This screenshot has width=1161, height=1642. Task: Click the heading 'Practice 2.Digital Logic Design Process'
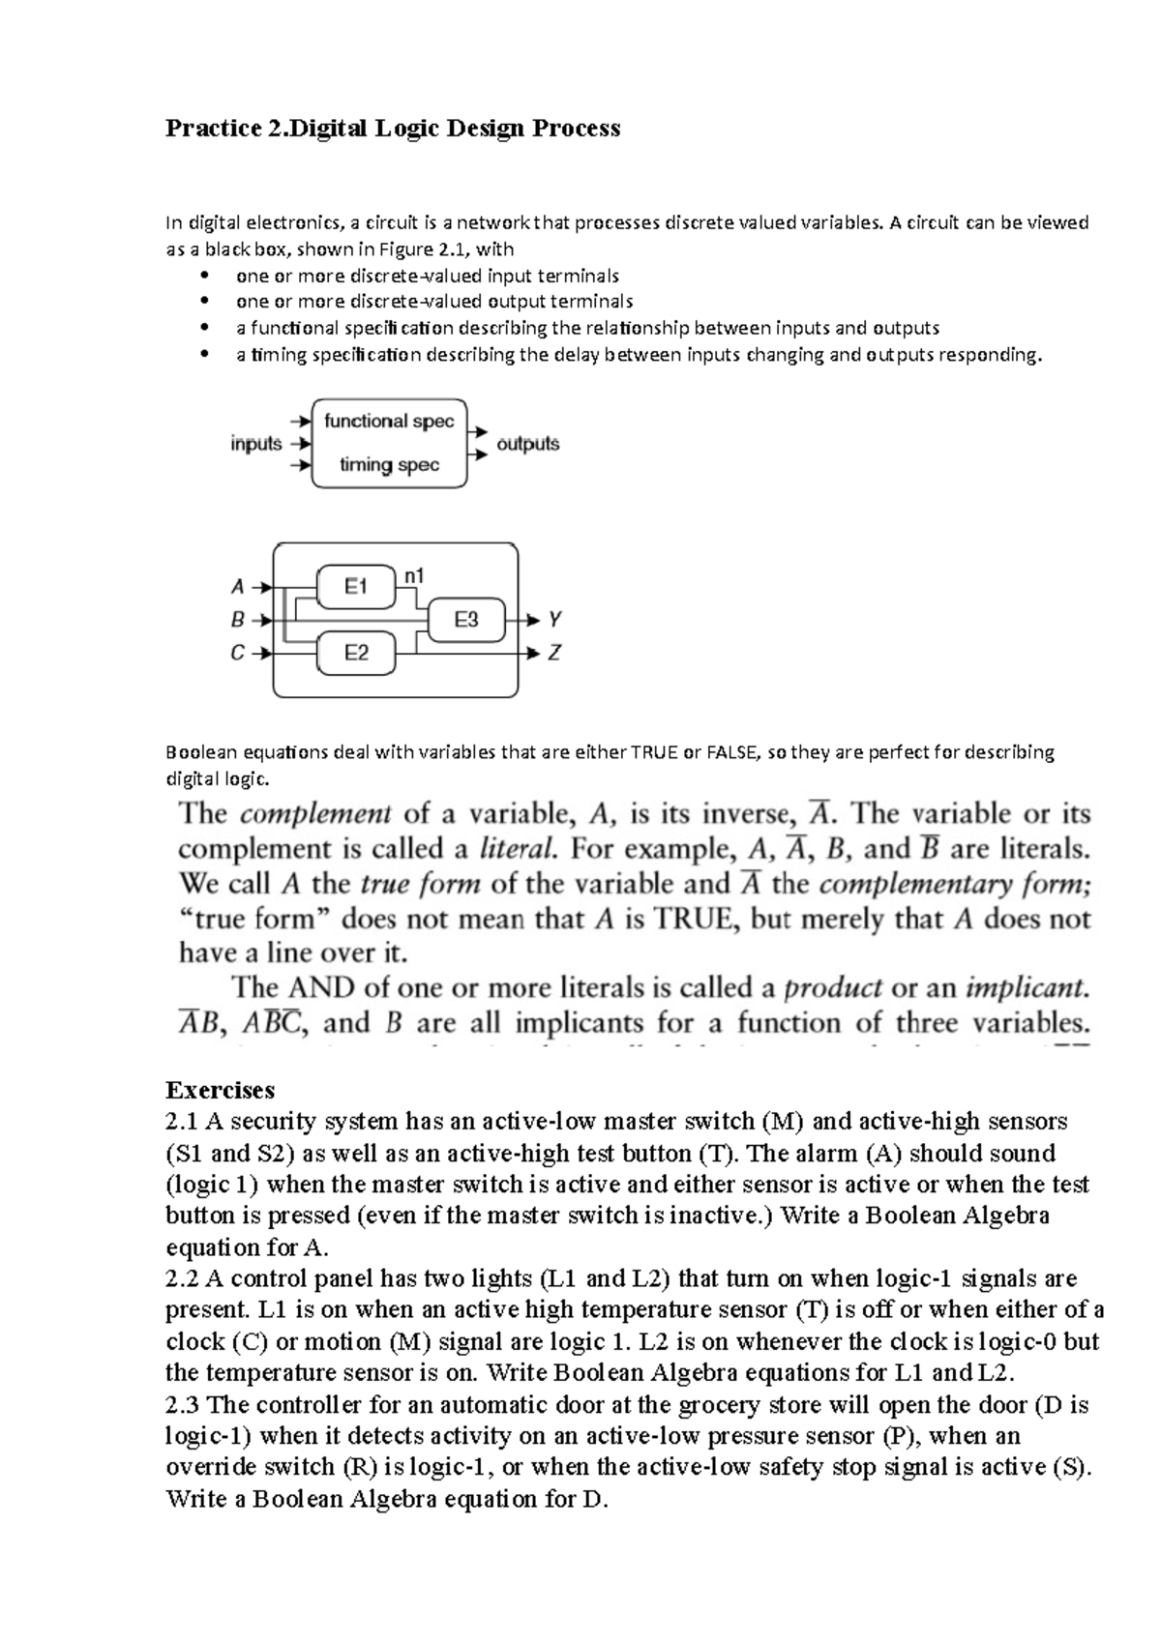tap(393, 128)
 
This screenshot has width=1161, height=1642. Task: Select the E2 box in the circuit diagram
tap(356, 654)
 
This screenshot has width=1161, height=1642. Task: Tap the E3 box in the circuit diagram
tap(466, 620)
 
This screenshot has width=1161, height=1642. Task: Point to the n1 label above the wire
tap(414, 576)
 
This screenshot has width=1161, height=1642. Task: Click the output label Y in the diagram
tap(555, 619)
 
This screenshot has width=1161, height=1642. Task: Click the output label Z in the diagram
tap(555, 654)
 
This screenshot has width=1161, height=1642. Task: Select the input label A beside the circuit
tap(238, 587)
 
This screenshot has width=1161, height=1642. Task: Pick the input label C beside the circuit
tap(238, 654)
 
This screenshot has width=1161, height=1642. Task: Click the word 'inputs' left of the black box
tap(256, 444)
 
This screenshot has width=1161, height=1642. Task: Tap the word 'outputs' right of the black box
tap(528, 444)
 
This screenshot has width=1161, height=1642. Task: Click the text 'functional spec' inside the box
tap(389, 422)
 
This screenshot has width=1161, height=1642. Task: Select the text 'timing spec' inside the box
tap(389, 465)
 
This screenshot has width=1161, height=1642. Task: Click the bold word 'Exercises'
tap(221, 1090)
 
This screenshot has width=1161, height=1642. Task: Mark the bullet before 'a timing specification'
tap(202, 355)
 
